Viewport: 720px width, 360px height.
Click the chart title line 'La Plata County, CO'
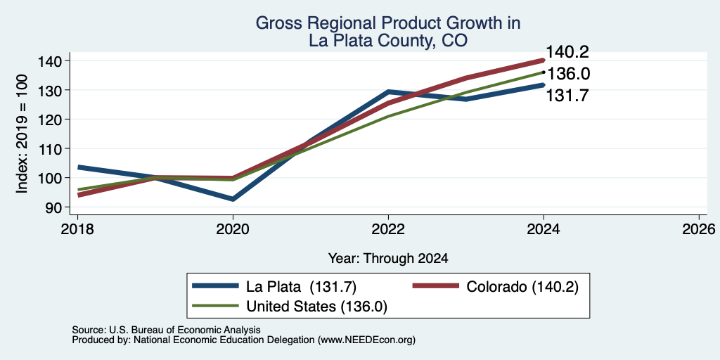tap(388, 41)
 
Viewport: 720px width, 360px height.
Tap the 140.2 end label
tap(567, 52)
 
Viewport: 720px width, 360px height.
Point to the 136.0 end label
tap(568, 74)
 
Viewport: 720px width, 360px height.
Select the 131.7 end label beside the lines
tap(567, 96)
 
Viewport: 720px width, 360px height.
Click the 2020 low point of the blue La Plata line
tap(233, 199)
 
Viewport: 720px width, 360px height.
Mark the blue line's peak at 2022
tap(388, 92)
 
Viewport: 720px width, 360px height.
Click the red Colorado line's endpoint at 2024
tap(544, 60)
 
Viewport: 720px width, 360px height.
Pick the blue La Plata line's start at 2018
tap(78, 167)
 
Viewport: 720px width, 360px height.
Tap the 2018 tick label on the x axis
tap(77, 229)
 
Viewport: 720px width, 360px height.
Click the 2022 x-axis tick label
tap(388, 229)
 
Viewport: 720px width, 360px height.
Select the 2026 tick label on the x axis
tap(699, 229)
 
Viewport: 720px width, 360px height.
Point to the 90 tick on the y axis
tap(59, 207)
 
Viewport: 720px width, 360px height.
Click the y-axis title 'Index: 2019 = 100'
tap(22, 134)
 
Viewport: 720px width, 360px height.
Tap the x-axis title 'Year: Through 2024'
tap(388, 259)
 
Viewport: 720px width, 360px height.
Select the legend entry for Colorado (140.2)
tap(495, 286)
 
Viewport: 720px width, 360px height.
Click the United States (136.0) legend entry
tap(290, 307)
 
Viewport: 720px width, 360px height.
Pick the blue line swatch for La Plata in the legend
tap(216, 286)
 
